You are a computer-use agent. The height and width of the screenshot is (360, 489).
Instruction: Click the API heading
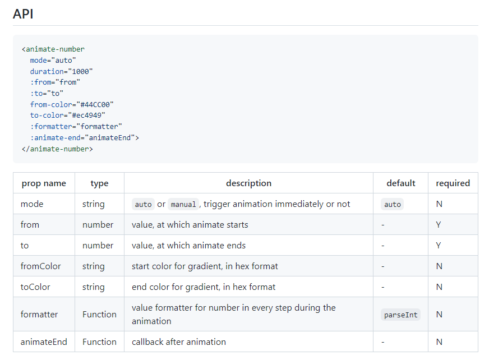23,13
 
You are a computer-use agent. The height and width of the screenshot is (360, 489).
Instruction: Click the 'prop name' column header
44,183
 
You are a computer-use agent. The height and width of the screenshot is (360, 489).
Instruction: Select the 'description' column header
248,183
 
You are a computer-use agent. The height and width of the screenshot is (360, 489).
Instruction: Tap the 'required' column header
453,183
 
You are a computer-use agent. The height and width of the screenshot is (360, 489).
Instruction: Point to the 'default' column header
401,183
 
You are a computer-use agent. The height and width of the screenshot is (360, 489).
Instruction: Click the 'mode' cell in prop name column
32,204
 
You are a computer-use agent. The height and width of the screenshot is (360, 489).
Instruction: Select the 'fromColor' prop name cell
40,266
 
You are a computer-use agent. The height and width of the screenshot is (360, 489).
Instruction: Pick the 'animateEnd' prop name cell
44,342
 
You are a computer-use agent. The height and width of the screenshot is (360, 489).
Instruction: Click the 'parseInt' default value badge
400,315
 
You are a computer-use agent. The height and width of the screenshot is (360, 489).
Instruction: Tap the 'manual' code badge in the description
183,205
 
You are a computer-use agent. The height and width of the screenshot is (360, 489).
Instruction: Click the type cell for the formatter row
99,315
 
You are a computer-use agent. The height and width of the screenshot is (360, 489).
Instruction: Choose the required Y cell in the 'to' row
439,246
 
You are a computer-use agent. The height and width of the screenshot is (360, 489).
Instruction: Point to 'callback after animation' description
179,342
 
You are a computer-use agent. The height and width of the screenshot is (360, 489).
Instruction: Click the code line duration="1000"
62,71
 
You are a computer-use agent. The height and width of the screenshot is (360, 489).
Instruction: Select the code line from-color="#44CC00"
72,104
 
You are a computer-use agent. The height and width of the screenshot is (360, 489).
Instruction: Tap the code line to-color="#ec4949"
68,116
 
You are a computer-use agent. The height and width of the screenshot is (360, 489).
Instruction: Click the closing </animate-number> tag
57,149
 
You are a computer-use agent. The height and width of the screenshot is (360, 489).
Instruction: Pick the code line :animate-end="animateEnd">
85,137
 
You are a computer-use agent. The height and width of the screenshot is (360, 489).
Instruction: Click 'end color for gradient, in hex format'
204,287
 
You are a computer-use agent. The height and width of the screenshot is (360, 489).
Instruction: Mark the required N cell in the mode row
439,204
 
